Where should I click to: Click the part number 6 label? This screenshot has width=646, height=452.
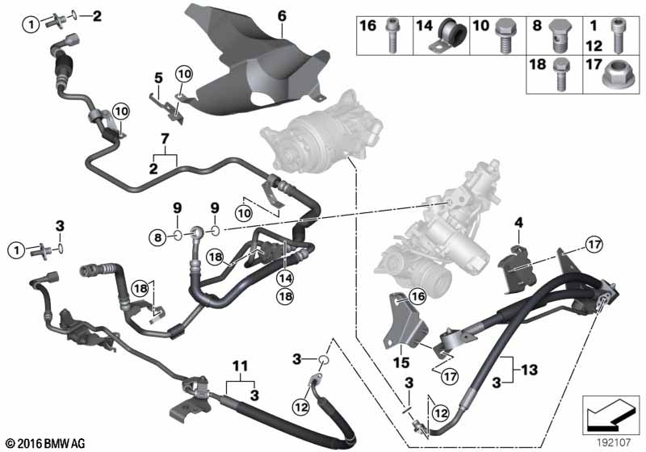(x=282, y=16)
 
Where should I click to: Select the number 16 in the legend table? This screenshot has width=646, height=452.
(x=367, y=27)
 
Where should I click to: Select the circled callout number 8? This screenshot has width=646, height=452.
(x=157, y=236)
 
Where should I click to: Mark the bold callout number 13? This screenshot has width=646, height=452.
(x=531, y=369)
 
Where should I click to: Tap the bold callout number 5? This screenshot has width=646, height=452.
(x=159, y=79)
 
